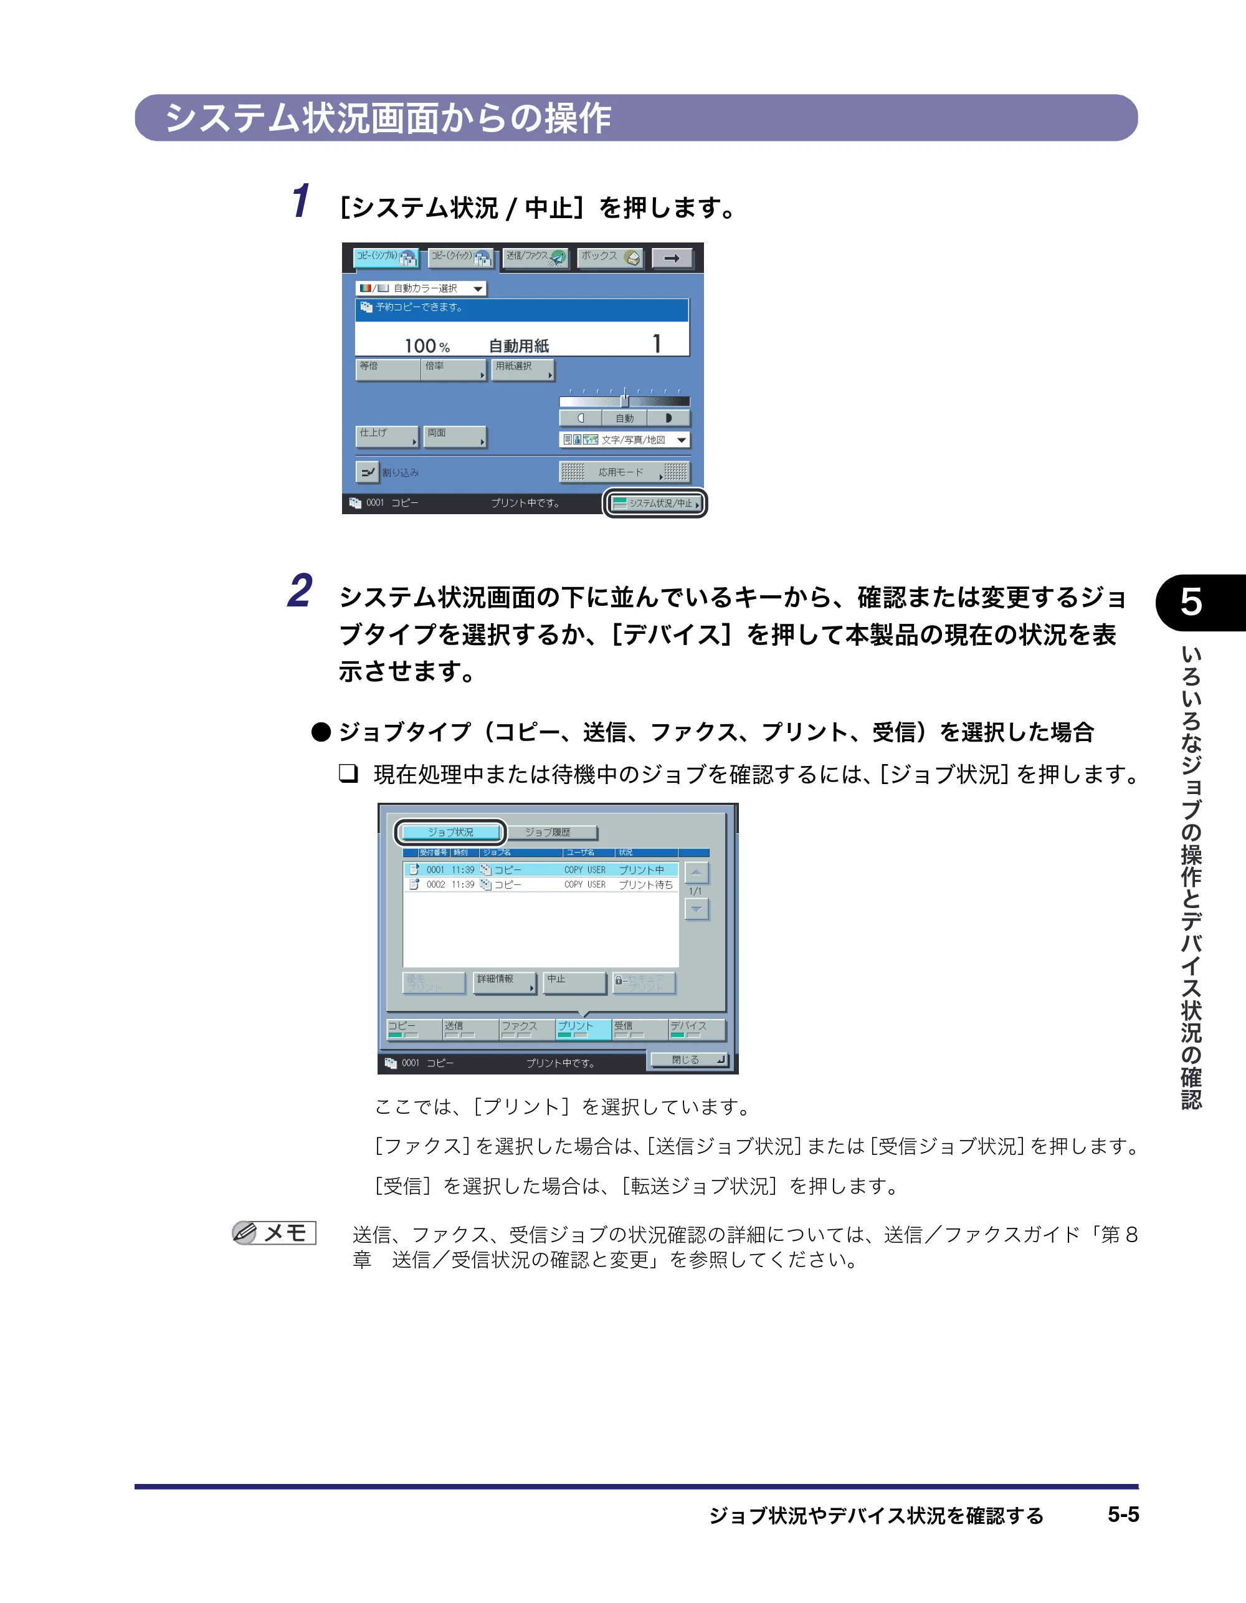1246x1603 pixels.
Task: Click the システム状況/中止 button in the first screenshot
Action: (x=655, y=504)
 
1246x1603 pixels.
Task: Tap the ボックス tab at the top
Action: (x=611, y=257)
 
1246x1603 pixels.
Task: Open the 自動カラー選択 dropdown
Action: (x=421, y=289)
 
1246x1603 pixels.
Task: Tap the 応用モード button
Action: (x=624, y=472)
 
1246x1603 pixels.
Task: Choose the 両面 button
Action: (x=455, y=437)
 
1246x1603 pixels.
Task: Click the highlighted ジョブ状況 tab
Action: (x=450, y=832)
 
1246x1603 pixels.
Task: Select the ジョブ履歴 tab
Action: (x=552, y=832)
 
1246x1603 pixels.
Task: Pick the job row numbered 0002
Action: (x=541, y=884)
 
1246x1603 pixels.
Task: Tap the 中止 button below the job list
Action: (x=574, y=983)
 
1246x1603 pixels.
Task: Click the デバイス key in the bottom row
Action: (x=697, y=1029)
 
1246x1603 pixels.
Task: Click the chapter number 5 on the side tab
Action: (x=1191, y=602)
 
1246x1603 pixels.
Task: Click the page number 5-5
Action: (x=1123, y=1514)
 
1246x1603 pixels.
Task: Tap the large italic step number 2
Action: (x=300, y=591)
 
